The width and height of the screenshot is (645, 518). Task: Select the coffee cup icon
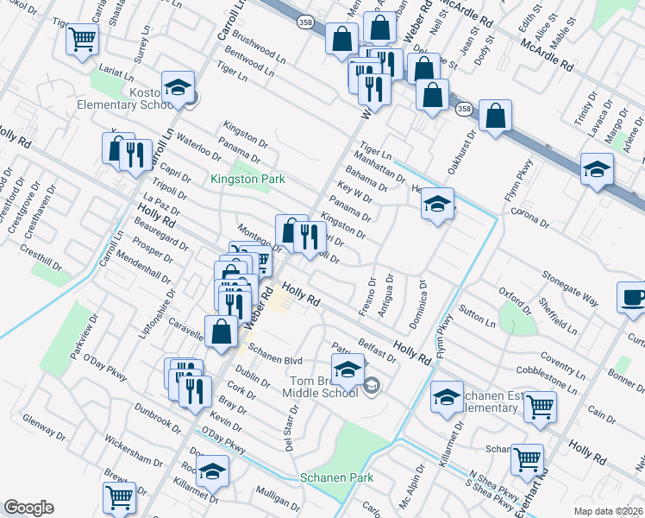pyautogui.click(x=633, y=297)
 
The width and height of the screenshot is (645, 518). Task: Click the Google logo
pyautogui.click(x=28, y=508)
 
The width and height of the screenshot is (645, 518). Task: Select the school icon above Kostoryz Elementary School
pyautogui.click(x=178, y=88)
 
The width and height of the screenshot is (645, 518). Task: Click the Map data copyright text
pyautogui.click(x=609, y=510)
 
